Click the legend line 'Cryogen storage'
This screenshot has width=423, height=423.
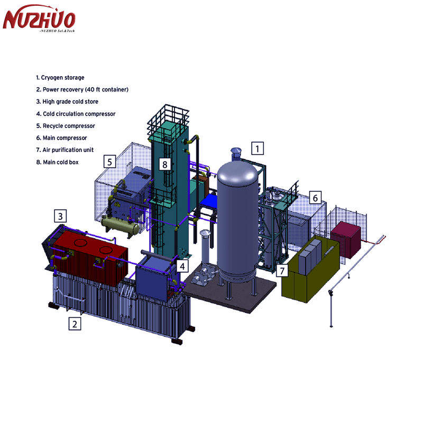(x=60, y=78)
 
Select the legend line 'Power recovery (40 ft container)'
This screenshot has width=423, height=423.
(x=82, y=89)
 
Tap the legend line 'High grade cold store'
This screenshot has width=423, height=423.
(x=67, y=102)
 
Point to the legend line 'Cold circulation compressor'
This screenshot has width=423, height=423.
(x=76, y=114)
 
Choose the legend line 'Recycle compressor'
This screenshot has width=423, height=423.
(x=66, y=126)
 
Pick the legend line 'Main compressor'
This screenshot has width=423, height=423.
(x=61, y=138)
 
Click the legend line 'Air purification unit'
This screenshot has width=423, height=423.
(x=65, y=150)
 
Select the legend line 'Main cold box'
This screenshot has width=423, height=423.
(x=57, y=162)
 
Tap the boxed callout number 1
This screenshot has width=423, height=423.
(x=258, y=149)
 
